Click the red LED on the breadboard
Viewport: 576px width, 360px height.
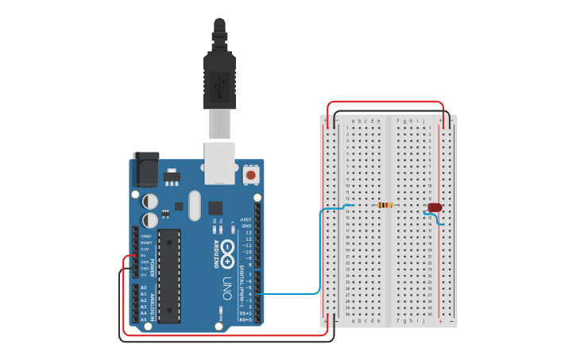435,207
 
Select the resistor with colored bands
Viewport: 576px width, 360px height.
385,205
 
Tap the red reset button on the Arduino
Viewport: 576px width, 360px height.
251,174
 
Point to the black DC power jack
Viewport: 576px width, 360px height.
145,168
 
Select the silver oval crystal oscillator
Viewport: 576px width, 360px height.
195,205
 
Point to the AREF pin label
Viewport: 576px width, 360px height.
246,219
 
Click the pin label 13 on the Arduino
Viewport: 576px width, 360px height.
248,232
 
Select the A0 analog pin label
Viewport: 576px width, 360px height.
144,288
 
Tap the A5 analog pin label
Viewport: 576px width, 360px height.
144,319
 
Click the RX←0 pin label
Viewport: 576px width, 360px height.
246,319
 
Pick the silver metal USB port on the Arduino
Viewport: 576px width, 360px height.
220,162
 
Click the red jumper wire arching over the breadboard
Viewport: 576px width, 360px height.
385,102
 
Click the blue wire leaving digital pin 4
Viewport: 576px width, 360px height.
290,294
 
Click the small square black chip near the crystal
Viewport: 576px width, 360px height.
215,208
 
